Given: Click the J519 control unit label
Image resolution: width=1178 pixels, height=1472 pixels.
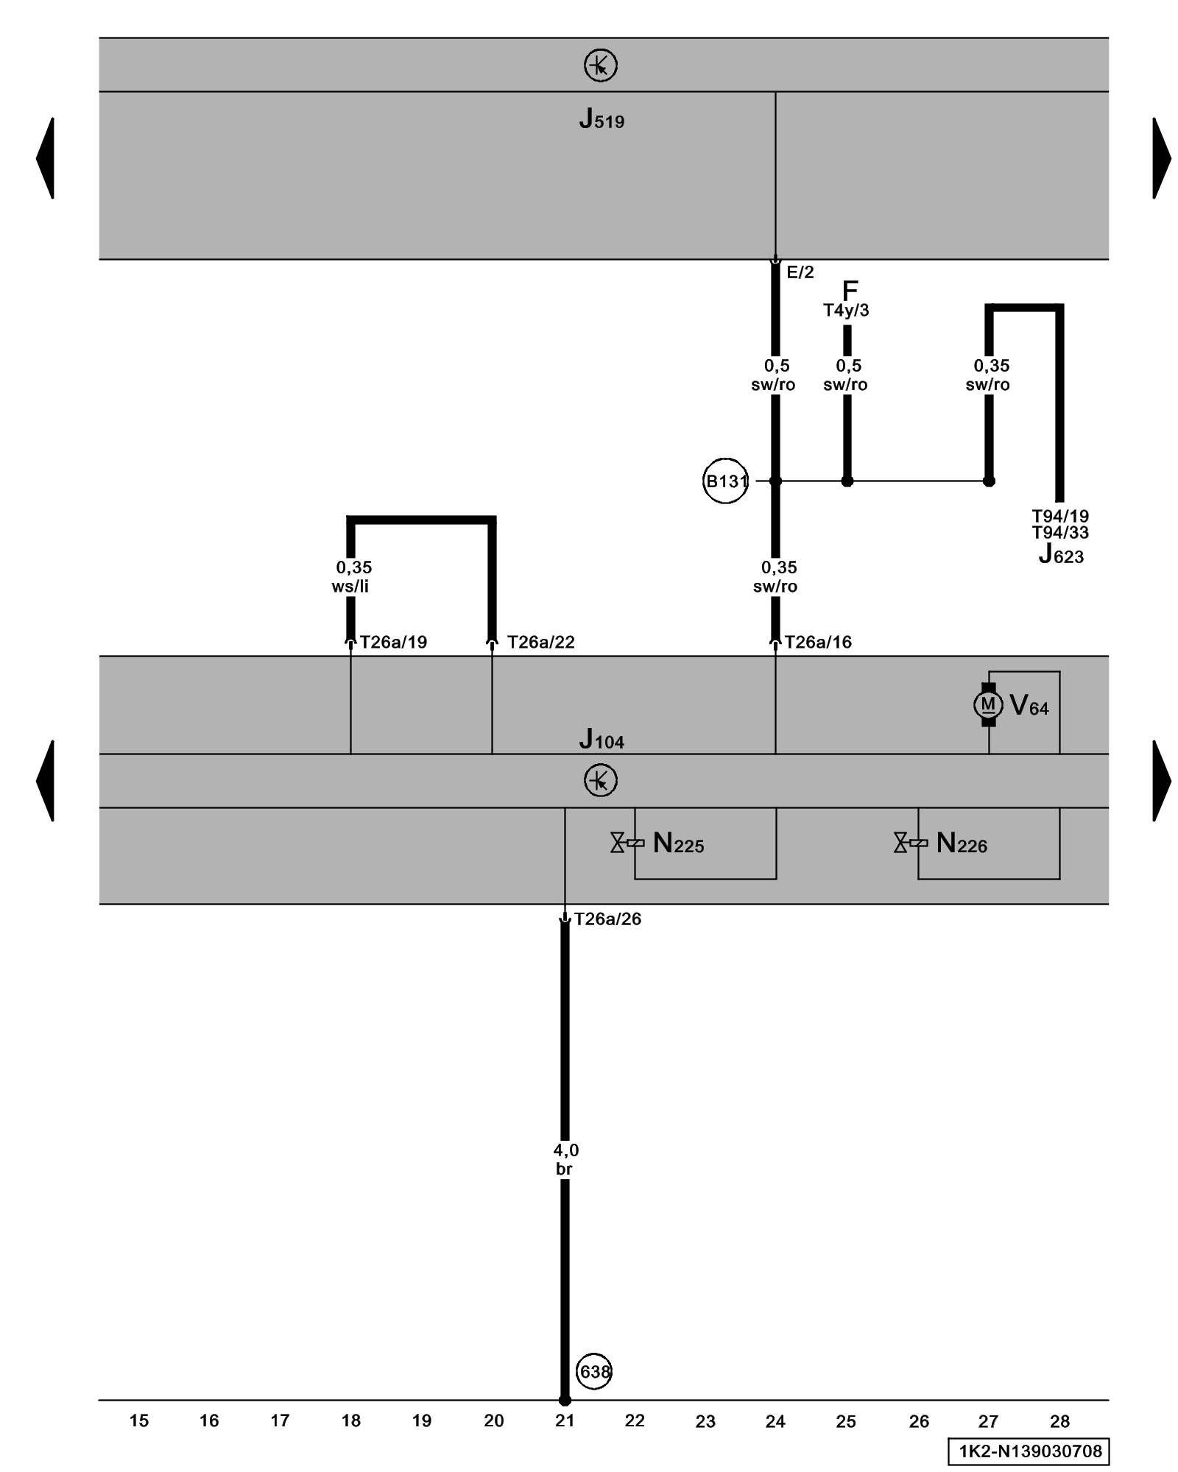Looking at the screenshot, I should point(602,119).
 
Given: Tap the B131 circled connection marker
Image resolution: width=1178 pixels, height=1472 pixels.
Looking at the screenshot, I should point(725,481).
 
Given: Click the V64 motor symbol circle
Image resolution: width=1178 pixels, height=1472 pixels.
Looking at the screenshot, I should point(988,705).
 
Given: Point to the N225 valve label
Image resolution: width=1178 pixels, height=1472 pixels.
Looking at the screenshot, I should point(678,843).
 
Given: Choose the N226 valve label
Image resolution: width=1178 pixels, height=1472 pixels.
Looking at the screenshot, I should point(962,843).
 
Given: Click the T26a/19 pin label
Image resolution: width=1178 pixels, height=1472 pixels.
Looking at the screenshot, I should point(393,642).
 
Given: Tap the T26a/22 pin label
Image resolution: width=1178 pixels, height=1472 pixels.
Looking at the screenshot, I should point(540,642).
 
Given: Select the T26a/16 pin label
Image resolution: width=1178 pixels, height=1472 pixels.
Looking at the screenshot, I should point(818,642).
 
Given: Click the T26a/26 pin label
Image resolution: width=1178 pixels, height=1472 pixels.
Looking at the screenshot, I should point(607,919).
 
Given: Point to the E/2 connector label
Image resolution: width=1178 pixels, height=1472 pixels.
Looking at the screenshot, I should point(800,272).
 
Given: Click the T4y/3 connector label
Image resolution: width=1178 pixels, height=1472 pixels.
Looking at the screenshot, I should point(846,311).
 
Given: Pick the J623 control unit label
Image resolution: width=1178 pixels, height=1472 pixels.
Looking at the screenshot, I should point(1061,554).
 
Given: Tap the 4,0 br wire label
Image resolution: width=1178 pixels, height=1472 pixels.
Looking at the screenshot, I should point(565,1159).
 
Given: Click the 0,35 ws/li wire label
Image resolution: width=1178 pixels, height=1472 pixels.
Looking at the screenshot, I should point(352,577).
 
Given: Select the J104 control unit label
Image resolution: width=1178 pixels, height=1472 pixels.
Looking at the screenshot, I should point(602,739).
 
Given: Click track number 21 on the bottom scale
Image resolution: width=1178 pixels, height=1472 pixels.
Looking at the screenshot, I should point(565,1421).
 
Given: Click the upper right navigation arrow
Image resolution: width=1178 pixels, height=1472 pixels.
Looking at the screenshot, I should point(1161,158).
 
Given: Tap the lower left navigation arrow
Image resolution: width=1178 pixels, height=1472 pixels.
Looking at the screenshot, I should point(46,780).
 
